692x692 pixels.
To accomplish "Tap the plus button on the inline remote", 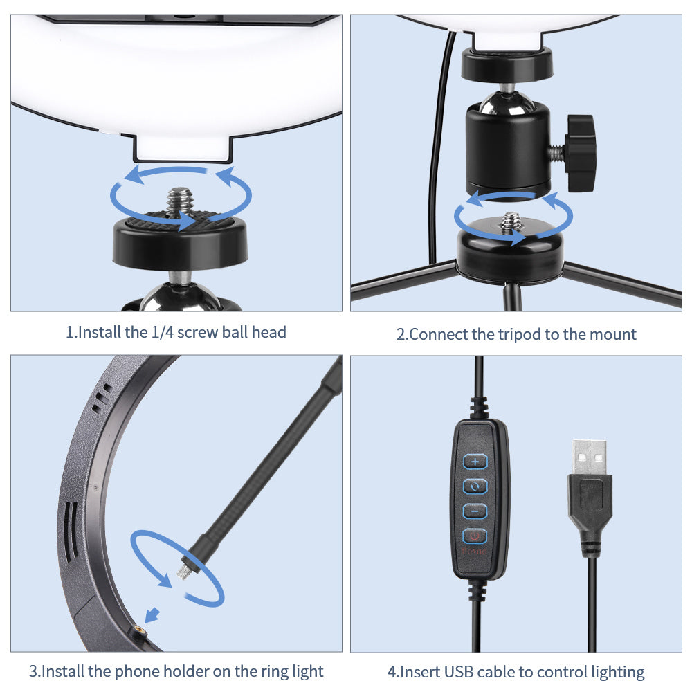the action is (475, 462).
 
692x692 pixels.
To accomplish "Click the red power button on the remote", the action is (475, 536).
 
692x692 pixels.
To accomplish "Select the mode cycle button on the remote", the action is (475, 486).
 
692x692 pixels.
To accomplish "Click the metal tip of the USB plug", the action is (590, 457).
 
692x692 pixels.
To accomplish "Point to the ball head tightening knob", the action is (580, 153).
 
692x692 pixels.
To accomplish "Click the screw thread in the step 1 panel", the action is (180, 203).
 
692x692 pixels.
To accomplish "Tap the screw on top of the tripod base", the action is (512, 221).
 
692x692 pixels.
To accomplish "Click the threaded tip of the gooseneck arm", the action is (183, 572).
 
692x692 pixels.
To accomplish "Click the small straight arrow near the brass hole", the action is (152, 614).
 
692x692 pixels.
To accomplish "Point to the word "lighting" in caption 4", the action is (618, 673).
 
